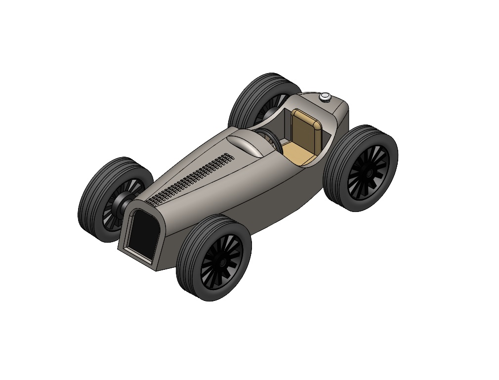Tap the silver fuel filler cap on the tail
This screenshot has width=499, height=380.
(x=325, y=97)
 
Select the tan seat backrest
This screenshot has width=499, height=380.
(x=306, y=129)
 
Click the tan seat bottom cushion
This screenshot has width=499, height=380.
(x=298, y=155)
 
